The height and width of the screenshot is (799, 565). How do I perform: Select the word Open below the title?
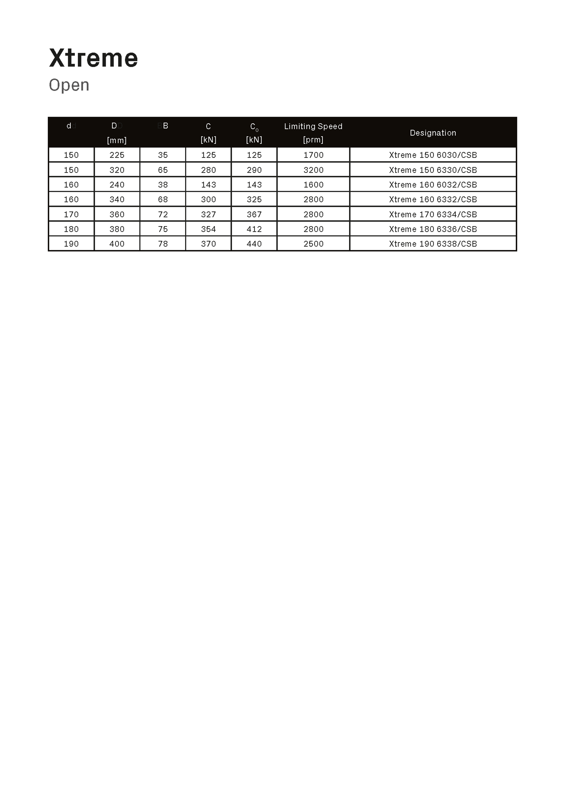[69, 85]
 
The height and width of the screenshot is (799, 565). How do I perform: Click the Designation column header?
[433, 133]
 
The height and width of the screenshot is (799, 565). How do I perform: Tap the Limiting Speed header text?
[313, 126]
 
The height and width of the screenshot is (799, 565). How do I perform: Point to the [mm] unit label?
[117, 140]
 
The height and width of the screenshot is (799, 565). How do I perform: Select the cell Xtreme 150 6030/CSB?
[433, 155]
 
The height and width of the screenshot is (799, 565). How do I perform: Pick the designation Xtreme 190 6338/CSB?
[433, 244]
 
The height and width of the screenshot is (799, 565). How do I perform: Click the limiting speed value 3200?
[313, 170]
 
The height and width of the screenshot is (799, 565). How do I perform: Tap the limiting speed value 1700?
[313, 155]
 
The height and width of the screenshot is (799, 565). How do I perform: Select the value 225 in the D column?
[117, 155]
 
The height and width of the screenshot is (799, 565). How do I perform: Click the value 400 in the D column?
[117, 244]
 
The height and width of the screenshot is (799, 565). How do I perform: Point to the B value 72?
[163, 214]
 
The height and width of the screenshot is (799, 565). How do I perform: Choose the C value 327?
[208, 214]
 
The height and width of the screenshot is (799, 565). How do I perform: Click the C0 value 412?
[254, 229]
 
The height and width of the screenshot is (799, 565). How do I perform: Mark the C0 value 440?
[254, 244]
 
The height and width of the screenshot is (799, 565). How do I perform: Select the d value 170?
[71, 214]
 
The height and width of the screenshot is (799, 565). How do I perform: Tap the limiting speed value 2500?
[313, 244]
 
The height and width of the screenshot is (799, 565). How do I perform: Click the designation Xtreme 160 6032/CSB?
[433, 184]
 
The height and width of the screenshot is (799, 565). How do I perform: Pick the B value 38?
[163, 184]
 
